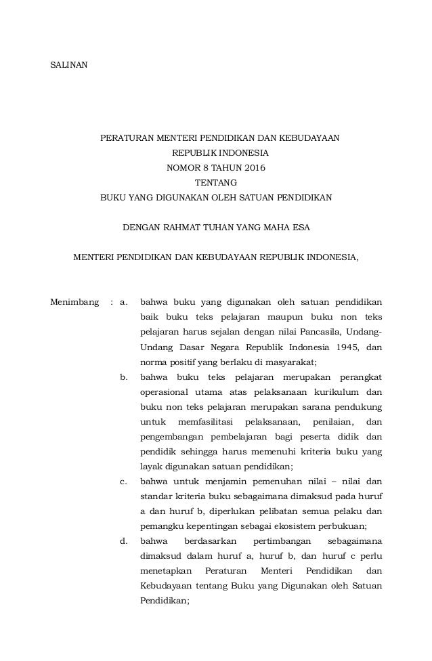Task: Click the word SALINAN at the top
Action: (69, 65)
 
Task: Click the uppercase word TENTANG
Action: (216, 182)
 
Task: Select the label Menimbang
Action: (74, 301)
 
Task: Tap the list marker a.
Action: (123, 301)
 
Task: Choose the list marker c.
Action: (123, 482)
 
